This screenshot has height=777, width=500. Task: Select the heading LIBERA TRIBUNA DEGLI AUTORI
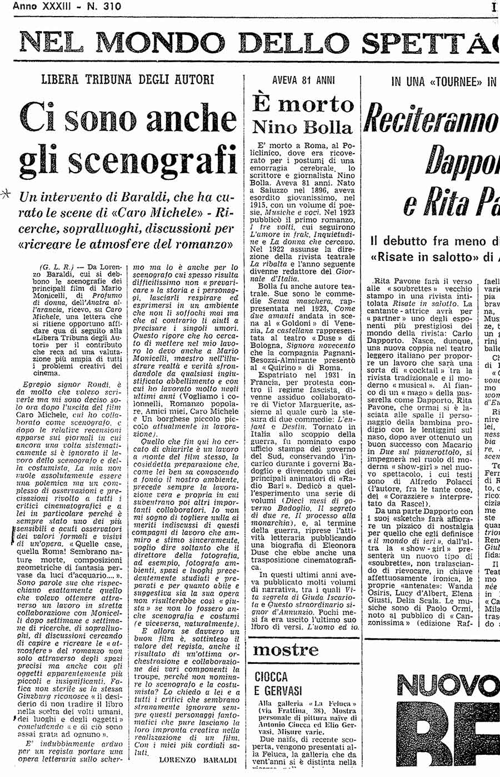tap(128, 79)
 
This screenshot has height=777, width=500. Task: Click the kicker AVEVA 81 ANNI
tap(303, 80)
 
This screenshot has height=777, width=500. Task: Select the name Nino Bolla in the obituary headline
tap(303, 127)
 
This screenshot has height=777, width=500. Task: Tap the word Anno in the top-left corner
tap(24, 6)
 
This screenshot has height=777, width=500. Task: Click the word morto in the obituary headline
tap(324, 104)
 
